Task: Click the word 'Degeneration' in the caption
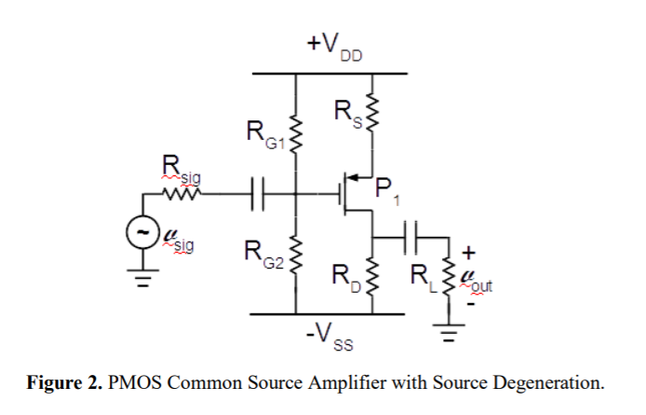549,382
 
